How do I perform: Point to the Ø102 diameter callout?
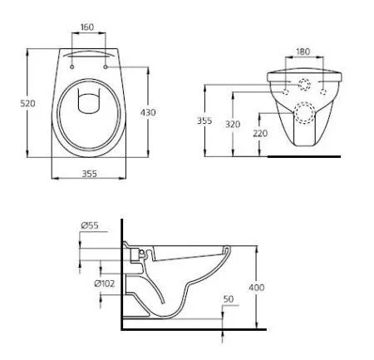(x=105, y=285)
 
